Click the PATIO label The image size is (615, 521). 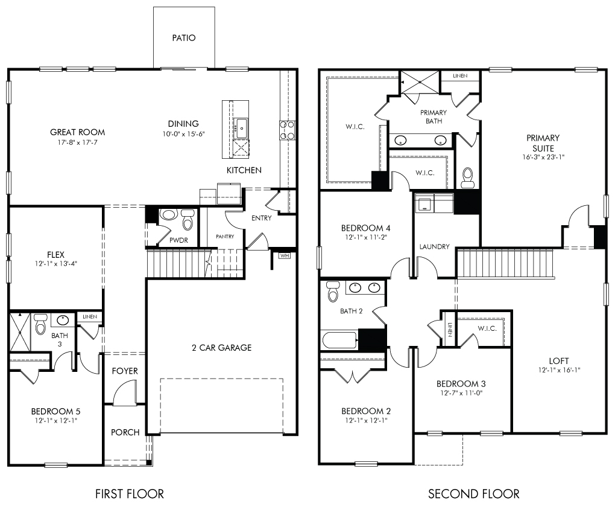(x=183, y=37)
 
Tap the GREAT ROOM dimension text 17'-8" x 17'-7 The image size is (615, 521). (x=77, y=142)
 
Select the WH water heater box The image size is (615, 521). (x=285, y=255)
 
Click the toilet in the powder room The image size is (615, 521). (x=188, y=219)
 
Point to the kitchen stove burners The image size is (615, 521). (x=287, y=130)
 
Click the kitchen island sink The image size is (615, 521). (x=241, y=129)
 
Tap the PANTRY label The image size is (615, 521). (x=225, y=237)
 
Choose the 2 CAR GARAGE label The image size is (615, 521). (x=222, y=348)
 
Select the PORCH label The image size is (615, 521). (x=125, y=432)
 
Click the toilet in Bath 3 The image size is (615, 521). (x=40, y=324)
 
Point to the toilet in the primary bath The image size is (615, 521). (x=468, y=177)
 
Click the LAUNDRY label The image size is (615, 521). (x=434, y=246)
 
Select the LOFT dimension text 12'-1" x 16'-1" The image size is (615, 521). (x=559, y=370)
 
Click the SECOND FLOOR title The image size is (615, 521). (x=473, y=493)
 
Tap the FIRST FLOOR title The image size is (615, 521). (x=130, y=493)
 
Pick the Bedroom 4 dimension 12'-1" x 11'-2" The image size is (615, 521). (x=366, y=237)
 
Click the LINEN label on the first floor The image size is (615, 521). (x=90, y=316)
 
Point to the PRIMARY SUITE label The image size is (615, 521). (x=543, y=143)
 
